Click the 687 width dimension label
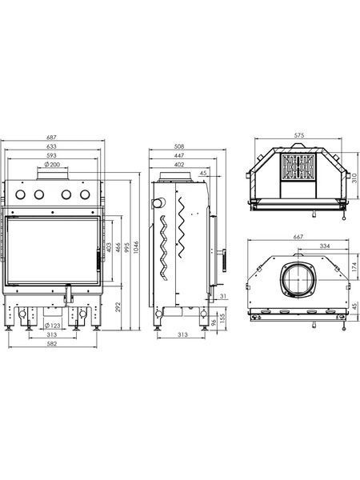click(51, 138)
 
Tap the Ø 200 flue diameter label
click(52, 164)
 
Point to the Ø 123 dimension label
click(52, 326)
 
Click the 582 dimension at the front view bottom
click(52, 343)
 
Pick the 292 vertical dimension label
click(118, 307)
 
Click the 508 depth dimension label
click(178, 146)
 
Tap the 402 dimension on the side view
click(179, 165)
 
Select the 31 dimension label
click(223, 296)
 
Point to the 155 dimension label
click(223, 317)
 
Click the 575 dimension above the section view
click(299, 135)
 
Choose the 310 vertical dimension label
click(354, 178)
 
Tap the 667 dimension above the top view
click(298, 237)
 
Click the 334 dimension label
click(325, 246)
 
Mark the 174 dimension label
click(354, 266)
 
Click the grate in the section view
click(298, 166)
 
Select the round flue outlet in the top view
click(297, 279)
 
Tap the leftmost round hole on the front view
click(21, 194)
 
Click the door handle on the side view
click(225, 261)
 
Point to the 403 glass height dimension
click(109, 248)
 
